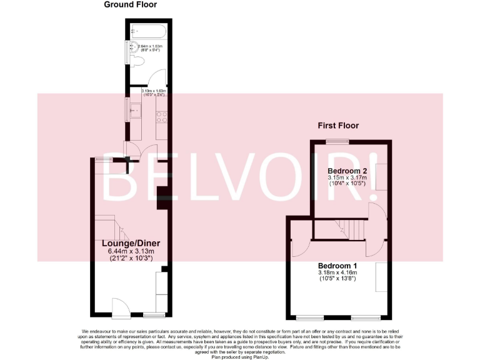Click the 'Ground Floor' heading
tap(130, 5)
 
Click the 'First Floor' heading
tap(338, 126)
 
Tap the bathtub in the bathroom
tap(147, 32)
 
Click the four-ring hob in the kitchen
tap(161, 115)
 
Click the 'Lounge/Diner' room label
tap(131, 243)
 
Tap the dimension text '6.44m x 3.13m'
tap(131, 251)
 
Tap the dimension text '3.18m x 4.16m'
tap(337, 272)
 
